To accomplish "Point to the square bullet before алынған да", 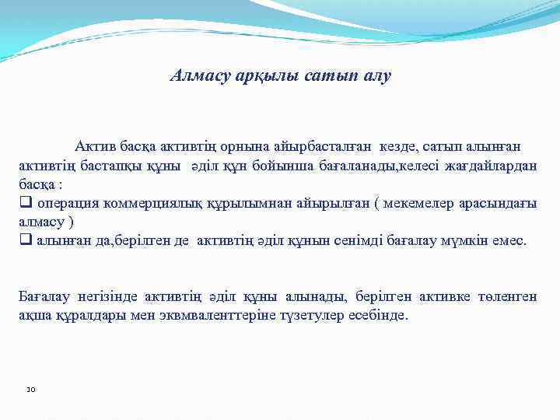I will (x=25, y=241).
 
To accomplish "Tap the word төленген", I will (x=503, y=296).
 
